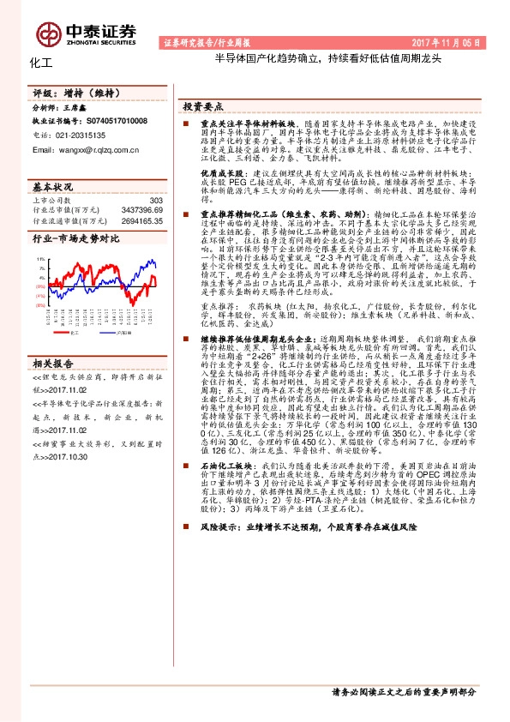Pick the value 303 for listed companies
[x=155, y=201]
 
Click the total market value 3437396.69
[x=142, y=210]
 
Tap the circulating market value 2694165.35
[x=142, y=220]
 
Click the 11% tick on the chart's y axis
[x=41, y=257]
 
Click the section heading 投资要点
[x=202, y=105]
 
